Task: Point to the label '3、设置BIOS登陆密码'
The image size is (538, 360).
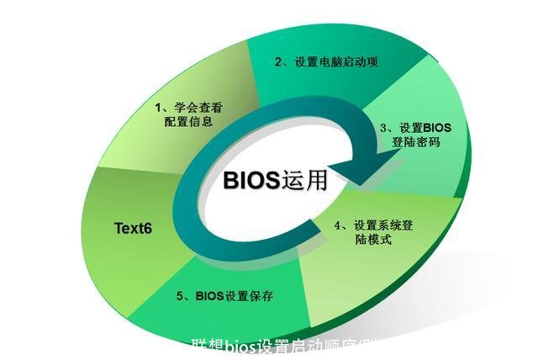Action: (415, 135)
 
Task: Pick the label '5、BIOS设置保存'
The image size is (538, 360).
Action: (224, 296)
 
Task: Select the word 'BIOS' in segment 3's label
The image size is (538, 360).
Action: (436, 128)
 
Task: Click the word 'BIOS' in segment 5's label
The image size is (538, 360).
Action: (209, 296)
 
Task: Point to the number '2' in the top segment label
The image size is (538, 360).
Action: (279, 61)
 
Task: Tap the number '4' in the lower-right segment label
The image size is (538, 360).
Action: (338, 225)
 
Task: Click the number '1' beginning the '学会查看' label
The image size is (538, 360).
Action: (159, 108)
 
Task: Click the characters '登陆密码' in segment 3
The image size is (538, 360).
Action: (415, 142)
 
